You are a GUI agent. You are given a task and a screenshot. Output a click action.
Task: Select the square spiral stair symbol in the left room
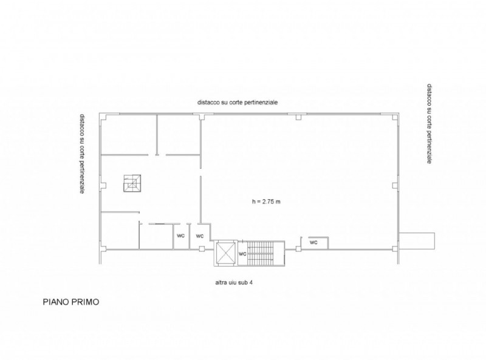132,183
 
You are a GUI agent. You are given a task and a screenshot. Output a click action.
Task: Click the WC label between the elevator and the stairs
242,254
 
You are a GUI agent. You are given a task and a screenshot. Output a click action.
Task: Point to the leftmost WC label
180,236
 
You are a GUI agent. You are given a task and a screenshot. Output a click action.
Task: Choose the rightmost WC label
313,242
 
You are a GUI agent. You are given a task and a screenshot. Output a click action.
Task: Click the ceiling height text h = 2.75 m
266,202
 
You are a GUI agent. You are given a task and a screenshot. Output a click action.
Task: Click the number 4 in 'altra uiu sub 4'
251,282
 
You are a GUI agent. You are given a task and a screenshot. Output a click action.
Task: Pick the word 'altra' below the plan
221,282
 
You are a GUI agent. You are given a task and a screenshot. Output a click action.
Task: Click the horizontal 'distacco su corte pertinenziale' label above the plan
238,102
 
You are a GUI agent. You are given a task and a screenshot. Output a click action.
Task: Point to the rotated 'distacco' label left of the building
82,154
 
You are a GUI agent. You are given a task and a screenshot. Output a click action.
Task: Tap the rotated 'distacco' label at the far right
430,123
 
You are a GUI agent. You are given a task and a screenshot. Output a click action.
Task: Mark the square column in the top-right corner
394,117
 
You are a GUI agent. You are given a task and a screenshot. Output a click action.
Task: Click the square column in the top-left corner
103,117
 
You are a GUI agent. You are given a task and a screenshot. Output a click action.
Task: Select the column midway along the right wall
394,185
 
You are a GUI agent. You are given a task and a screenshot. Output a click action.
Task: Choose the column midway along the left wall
104,185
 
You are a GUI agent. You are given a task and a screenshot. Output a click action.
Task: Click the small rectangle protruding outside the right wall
417,240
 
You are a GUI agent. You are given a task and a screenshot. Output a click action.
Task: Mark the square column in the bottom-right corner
394,248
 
